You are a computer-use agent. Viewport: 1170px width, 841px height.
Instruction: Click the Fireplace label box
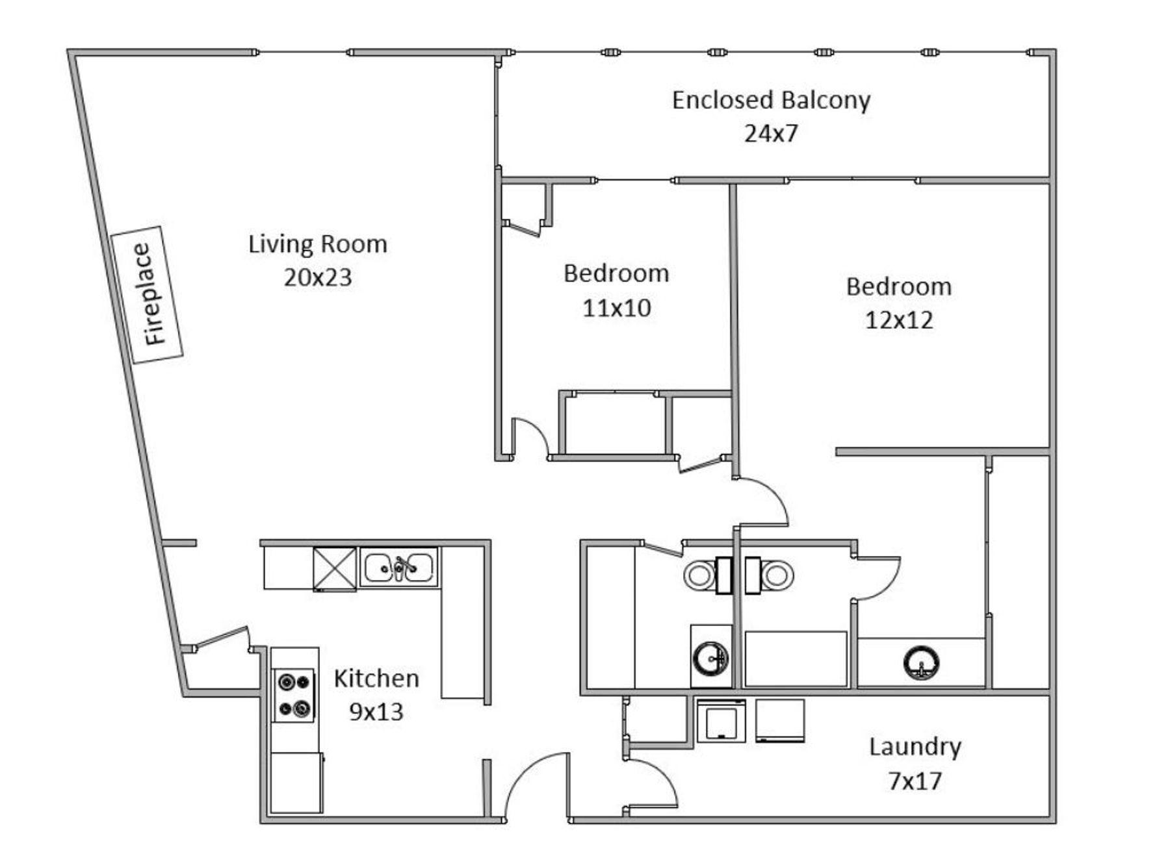[148, 294]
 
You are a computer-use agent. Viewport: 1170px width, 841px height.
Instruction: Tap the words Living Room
[318, 244]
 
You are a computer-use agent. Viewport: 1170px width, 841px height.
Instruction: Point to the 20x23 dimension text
[318, 277]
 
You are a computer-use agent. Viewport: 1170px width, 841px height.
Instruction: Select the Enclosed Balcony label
[771, 101]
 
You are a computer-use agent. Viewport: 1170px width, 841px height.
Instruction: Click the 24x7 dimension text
[771, 134]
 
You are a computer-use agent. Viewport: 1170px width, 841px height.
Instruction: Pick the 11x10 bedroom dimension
[616, 308]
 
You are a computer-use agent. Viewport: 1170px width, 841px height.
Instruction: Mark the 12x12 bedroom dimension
[899, 320]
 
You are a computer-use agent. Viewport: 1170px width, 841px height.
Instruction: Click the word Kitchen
[376, 679]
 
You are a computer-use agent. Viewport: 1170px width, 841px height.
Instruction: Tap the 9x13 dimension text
[376, 712]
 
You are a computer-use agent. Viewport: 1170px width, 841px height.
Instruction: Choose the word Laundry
[915, 747]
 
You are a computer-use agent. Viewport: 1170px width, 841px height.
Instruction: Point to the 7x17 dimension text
[915, 781]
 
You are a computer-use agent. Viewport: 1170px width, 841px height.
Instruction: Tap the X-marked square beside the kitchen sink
[335, 570]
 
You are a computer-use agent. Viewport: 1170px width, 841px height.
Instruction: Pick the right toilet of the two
[769, 575]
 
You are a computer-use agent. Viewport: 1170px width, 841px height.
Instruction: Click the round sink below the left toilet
[710, 658]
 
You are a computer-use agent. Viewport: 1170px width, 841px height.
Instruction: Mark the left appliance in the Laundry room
[721, 720]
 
